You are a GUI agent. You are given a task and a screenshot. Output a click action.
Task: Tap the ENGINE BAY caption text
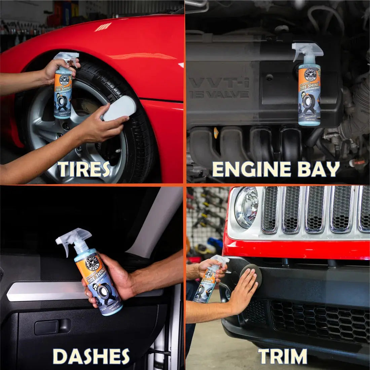pyautogui.click(x=276, y=169)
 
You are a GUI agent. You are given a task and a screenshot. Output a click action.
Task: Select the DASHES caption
pyautogui.click(x=91, y=356)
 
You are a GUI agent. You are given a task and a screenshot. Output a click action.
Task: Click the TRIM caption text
pyautogui.click(x=283, y=356)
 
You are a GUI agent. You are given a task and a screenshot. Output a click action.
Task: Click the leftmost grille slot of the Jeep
pyautogui.click(x=270, y=209)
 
